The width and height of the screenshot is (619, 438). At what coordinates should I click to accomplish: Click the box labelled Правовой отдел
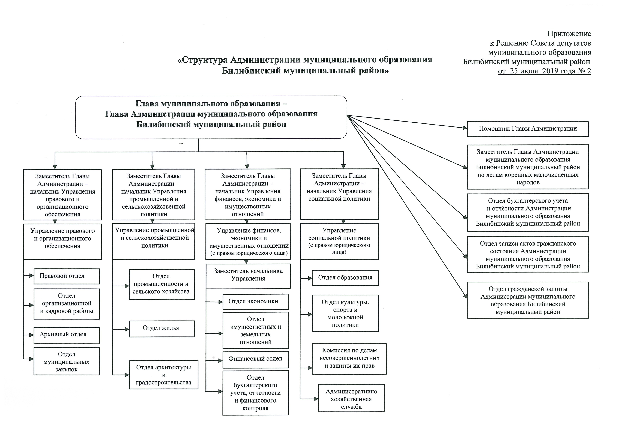coord(67,276)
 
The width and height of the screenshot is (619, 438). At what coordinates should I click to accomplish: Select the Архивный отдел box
coord(67,335)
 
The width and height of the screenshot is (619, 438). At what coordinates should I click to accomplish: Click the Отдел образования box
coord(345,278)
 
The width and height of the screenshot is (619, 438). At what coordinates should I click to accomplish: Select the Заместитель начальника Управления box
coord(248,276)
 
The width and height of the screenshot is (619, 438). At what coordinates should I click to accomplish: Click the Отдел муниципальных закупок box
coord(67,362)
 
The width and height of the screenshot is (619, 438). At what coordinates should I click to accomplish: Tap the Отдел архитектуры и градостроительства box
coord(163,375)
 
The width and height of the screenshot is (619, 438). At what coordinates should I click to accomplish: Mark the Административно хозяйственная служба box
coord(351,399)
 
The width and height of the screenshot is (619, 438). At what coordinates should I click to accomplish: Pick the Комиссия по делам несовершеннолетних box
coord(349,359)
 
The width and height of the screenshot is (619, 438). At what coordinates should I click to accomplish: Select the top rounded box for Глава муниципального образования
coord(211,117)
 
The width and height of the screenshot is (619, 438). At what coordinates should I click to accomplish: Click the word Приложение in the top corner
coord(569,34)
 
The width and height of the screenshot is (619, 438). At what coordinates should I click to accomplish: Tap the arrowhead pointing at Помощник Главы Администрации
coord(465,128)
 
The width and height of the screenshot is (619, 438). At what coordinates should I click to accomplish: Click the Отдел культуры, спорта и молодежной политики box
coord(345,313)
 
